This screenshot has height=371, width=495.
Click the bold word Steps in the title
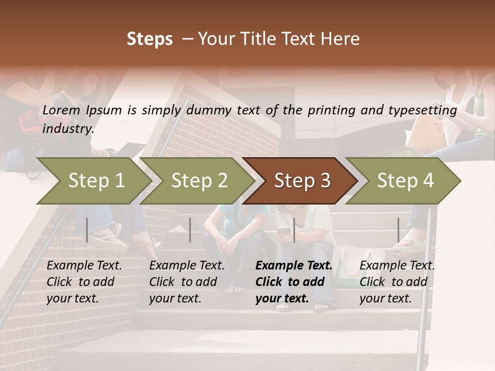(150, 39)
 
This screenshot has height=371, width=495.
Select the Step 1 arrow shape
(93, 180)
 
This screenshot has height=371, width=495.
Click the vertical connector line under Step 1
(87, 230)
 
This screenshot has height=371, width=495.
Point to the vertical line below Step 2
(190, 230)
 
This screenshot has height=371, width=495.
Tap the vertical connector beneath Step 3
(294, 230)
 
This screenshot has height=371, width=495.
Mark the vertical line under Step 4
(398, 230)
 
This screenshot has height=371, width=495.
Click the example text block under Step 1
(84, 282)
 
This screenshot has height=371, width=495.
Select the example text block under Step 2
(187, 282)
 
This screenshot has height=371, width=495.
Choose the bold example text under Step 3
(293, 282)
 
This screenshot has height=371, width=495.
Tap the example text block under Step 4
(397, 282)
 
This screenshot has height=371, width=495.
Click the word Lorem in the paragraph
(61, 110)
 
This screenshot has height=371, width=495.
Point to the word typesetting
(426, 110)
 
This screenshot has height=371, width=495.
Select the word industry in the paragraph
(68, 128)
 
